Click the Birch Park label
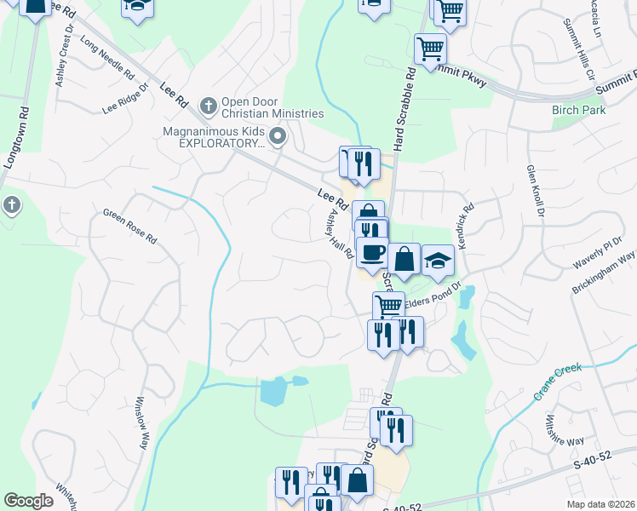578,110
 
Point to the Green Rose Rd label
130,226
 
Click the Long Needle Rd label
107,55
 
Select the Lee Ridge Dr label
125,100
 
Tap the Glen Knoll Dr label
534,192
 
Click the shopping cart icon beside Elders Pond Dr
388,306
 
